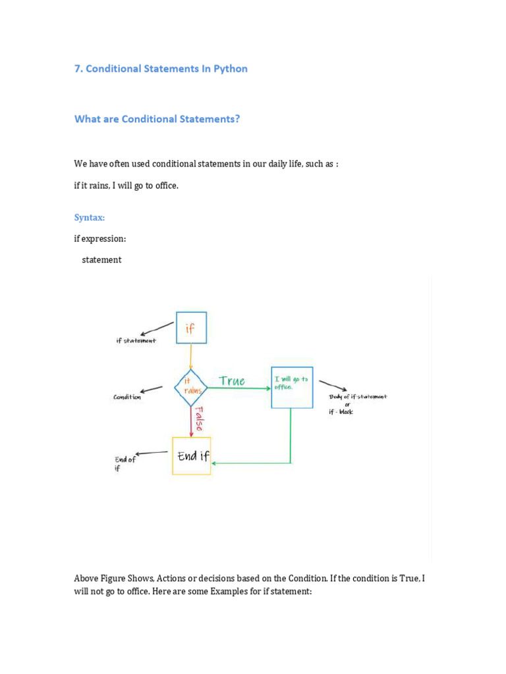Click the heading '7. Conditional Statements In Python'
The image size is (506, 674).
pos(161,68)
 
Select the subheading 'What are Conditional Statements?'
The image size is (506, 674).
pos(157,119)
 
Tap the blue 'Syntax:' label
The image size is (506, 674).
pos(90,218)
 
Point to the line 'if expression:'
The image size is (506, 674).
pos(99,239)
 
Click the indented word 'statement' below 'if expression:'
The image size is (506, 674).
pos(101,260)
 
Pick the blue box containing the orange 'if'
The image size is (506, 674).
pos(191,328)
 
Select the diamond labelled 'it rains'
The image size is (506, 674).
pos(191,388)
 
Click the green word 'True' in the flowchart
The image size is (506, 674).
pos(231,381)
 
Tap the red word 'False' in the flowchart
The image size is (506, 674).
pos(199,418)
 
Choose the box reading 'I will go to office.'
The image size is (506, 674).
pos(292,387)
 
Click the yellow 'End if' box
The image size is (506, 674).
pos(192,455)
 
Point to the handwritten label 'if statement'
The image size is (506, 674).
pos(136,341)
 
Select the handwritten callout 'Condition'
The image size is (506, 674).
pos(126,397)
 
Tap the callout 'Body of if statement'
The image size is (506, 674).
pos(357,397)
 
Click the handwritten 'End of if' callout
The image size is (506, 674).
pos(125,463)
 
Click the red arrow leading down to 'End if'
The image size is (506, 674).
pos(191,421)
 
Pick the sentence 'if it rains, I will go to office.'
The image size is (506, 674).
pos(126,186)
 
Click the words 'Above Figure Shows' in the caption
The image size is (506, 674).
pos(113,579)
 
